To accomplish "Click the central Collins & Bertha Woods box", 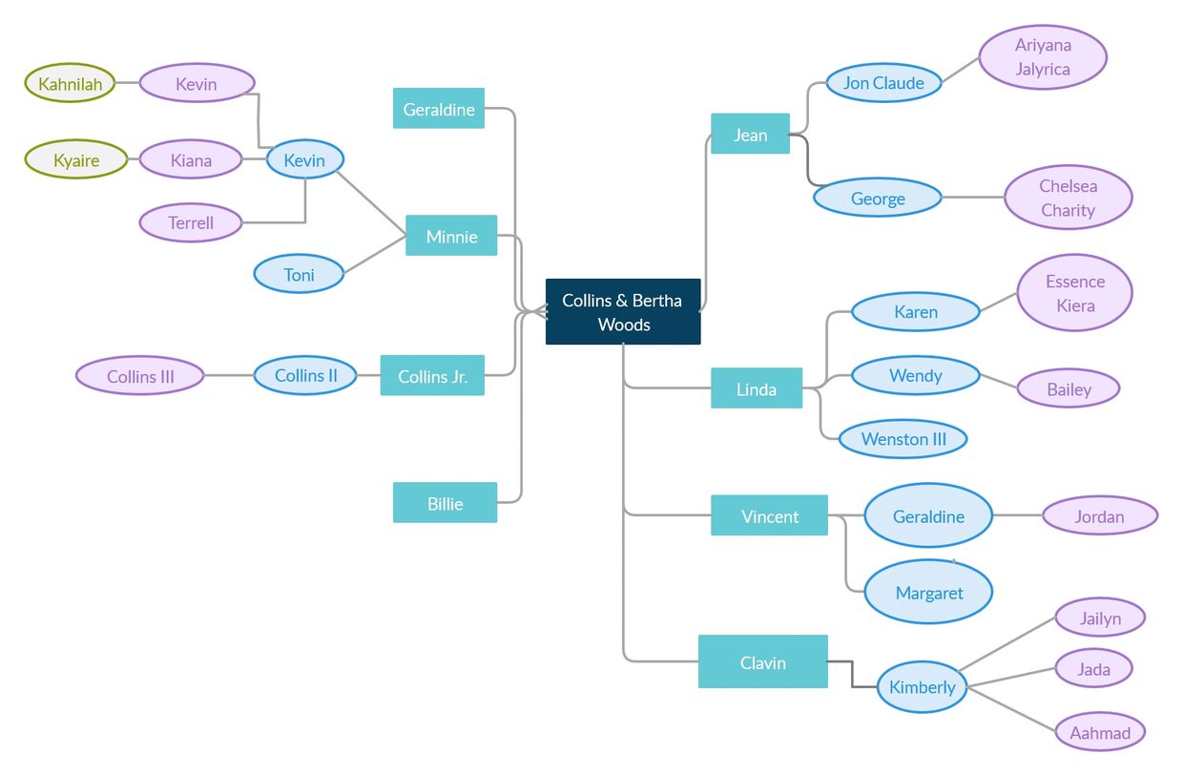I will tap(623, 312).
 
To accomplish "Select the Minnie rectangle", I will tap(451, 236).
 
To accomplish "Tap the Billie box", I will tap(445, 503).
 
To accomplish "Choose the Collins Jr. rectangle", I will tap(432, 376).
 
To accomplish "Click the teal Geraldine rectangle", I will tap(439, 109).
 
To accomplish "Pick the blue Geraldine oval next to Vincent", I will tap(928, 516).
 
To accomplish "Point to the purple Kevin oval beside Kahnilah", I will tap(197, 84).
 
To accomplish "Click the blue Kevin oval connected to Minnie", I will tap(304, 160).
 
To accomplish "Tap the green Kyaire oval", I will tap(76, 160).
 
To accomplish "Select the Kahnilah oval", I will tap(70, 84).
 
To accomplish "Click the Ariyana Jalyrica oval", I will tap(1043, 57).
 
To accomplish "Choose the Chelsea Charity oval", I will tap(1068, 199).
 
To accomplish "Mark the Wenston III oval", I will tap(903, 439).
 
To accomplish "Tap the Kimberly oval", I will tap(922, 687).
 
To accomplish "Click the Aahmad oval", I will tap(1100, 733).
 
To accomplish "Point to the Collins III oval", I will tap(140, 376).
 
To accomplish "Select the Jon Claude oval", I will tap(883, 83).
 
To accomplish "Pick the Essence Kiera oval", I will tap(1074, 293).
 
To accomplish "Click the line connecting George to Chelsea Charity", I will tap(973, 199).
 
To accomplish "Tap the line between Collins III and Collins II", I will tap(229, 376).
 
